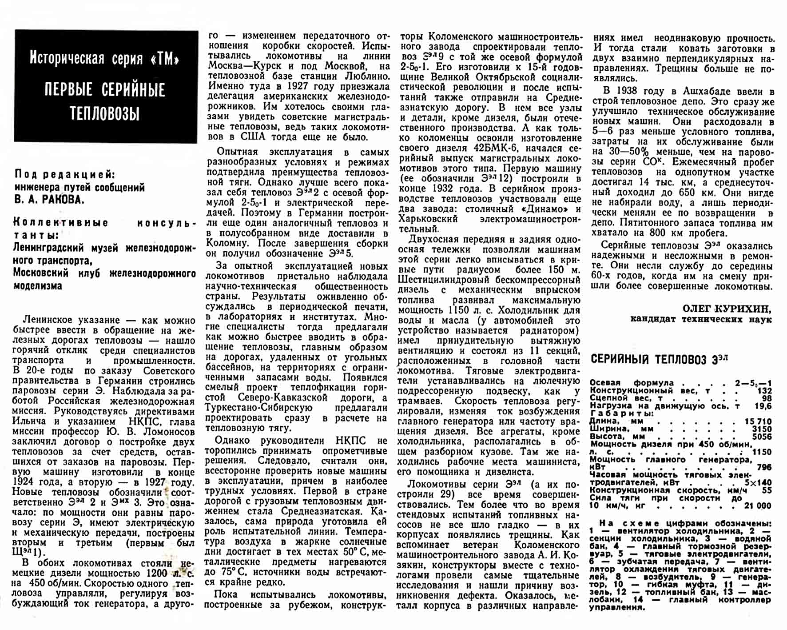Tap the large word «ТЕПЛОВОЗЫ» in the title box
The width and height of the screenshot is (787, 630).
point(105,113)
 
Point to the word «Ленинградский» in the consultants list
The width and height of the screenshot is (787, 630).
point(48,248)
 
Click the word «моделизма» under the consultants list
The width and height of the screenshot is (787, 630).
point(38,286)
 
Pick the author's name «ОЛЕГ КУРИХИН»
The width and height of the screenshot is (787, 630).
point(727,309)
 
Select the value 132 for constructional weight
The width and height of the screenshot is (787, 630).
point(764,390)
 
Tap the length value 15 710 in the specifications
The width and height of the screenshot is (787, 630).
point(758,421)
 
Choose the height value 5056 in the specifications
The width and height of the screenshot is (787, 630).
point(762,437)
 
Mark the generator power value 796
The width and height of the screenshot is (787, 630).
point(764,467)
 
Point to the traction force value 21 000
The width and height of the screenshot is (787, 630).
point(758,506)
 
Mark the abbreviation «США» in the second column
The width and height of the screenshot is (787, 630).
point(253,137)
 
